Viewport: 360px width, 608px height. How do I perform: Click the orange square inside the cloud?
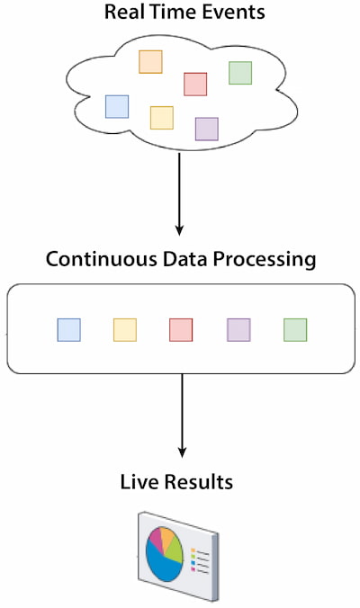[x=150, y=62]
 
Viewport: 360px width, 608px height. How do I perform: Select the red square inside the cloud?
[x=195, y=85]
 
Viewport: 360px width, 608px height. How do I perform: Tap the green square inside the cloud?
[x=240, y=73]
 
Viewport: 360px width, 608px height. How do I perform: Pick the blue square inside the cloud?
[x=117, y=107]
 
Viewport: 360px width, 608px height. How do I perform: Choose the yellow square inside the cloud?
[x=162, y=118]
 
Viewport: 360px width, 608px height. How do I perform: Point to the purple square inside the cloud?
[x=207, y=130]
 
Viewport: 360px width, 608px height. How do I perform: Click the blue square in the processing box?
[x=69, y=330]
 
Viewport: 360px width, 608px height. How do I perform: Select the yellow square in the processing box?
[x=125, y=330]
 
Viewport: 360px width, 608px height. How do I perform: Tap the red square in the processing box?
[x=181, y=330]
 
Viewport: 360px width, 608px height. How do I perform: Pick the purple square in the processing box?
[x=238, y=330]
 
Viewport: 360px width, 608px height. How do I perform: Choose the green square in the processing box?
[x=295, y=330]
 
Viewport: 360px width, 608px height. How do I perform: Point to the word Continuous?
[x=102, y=259]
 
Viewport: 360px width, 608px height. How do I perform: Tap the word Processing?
[x=265, y=260]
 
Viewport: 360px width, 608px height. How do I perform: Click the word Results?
[x=199, y=482]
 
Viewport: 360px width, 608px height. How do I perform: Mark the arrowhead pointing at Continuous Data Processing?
[x=179, y=230]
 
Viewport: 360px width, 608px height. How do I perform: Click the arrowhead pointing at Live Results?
[x=182, y=452]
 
